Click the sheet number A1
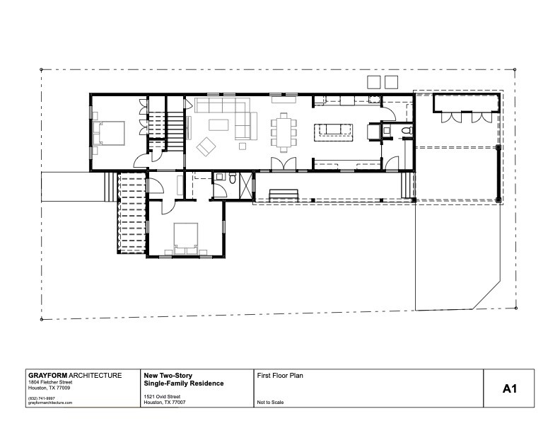click(511, 388)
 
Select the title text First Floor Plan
click(281, 376)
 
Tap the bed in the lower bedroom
click(186, 237)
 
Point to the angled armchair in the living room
click(207, 147)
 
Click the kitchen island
click(332, 130)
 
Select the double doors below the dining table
click(284, 165)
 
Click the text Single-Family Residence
click(183, 383)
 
